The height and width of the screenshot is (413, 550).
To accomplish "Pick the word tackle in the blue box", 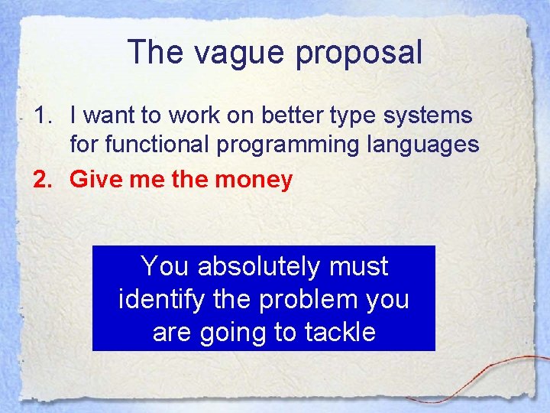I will coord(339,332).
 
